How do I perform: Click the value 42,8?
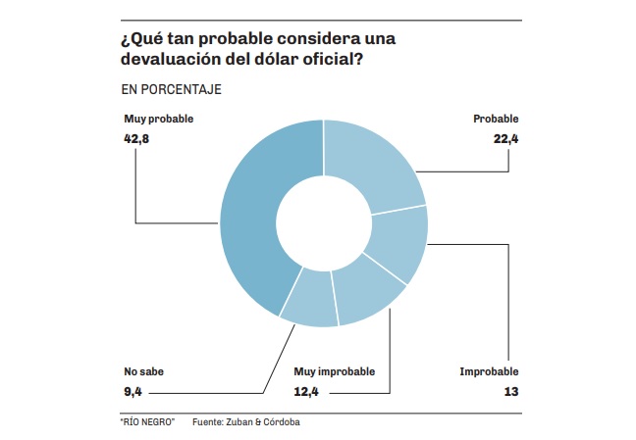pyautogui.click(x=136, y=139)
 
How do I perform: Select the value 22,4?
pyautogui.click(x=505, y=139)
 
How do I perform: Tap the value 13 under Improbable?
pyautogui.click(x=510, y=393)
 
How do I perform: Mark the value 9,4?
pyautogui.click(x=133, y=393)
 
